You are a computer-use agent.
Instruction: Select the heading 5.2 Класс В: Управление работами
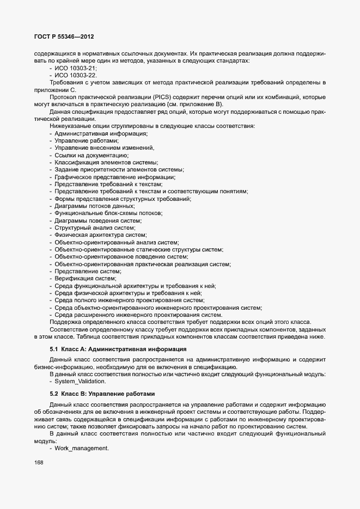(x=103, y=393)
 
